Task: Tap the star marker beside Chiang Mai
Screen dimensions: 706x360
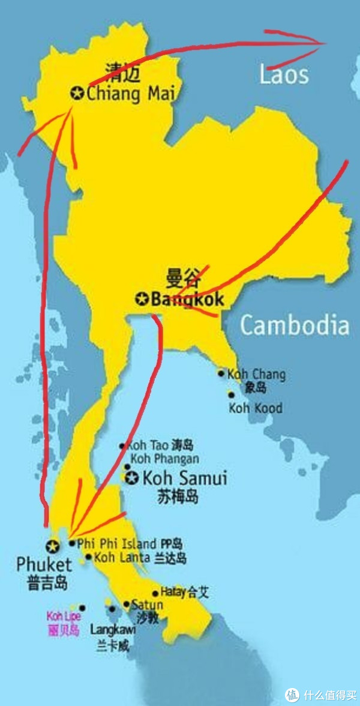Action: click(x=77, y=93)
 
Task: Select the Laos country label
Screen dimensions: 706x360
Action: click(x=284, y=75)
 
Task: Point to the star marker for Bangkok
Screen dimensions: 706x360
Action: click(x=142, y=298)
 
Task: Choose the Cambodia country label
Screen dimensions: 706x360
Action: click(x=294, y=325)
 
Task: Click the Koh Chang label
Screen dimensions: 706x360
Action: click(x=256, y=375)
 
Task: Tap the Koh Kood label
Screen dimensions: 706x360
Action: click(x=255, y=408)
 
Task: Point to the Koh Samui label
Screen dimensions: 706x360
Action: click(x=184, y=478)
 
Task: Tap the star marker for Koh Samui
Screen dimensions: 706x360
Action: click(x=131, y=478)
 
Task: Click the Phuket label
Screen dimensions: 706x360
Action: click(x=44, y=564)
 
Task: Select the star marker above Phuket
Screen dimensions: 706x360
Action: click(x=52, y=546)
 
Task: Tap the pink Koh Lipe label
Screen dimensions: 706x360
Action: click(x=63, y=616)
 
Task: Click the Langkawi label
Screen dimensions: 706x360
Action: click(x=112, y=630)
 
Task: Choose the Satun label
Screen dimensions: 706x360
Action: click(x=147, y=605)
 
